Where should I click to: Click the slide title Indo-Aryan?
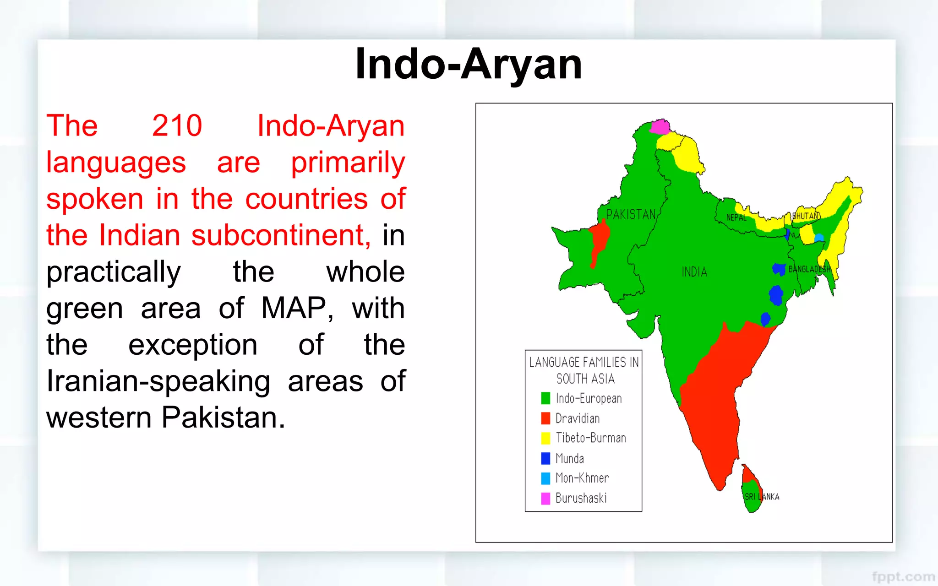[469, 64]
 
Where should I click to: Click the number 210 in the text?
[177, 125]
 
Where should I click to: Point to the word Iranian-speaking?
[158, 381]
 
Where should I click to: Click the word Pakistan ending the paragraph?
[223, 418]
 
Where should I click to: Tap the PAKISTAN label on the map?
[631, 214]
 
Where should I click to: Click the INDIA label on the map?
[694, 272]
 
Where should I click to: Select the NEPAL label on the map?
[736, 217]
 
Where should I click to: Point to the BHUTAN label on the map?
[806, 216]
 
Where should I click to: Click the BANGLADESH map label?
[809, 269]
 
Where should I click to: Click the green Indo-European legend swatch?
[545, 398]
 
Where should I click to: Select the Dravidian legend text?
[578, 418]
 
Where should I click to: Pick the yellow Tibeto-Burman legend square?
[545, 438]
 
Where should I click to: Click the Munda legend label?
[570, 458]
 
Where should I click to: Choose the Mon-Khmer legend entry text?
[582, 478]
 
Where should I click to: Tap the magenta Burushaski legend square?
[545, 498]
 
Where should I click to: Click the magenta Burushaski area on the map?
[660, 126]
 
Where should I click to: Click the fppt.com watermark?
[903, 576]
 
